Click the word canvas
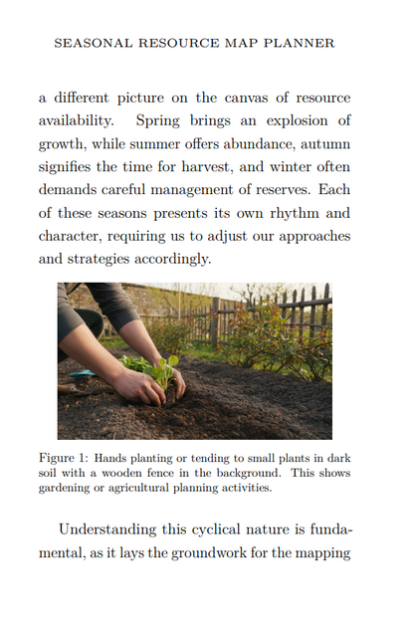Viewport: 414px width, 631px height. (x=248, y=98)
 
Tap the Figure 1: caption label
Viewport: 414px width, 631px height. (x=63, y=458)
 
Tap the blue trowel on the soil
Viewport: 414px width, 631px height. (x=84, y=375)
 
